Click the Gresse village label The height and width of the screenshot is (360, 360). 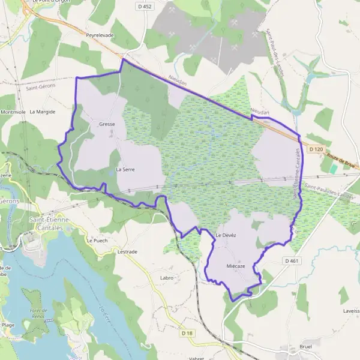[107, 124]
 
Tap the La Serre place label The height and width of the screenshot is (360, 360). [124, 170]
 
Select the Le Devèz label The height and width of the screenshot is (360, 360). [226, 235]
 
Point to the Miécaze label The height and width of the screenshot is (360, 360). [236, 265]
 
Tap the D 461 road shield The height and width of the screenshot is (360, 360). [291, 260]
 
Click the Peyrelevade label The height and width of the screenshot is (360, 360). [100, 35]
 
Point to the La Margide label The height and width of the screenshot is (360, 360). [42, 111]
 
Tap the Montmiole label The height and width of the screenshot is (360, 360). [13, 112]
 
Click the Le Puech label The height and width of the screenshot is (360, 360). [97, 240]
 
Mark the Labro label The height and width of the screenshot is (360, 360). [167, 278]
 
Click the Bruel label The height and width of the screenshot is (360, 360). [305, 347]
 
